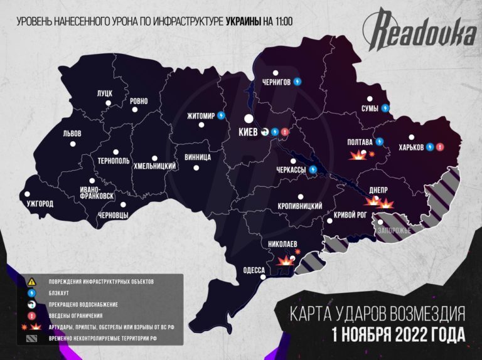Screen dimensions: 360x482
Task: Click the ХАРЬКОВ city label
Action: point(407,147)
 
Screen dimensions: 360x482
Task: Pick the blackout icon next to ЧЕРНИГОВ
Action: point(297,82)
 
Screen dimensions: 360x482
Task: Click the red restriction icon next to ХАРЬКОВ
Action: point(440,147)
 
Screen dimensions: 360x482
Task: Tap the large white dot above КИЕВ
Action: point(249,119)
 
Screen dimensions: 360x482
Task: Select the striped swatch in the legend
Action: point(31,339)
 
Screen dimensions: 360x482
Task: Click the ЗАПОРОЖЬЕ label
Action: point(394,230)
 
